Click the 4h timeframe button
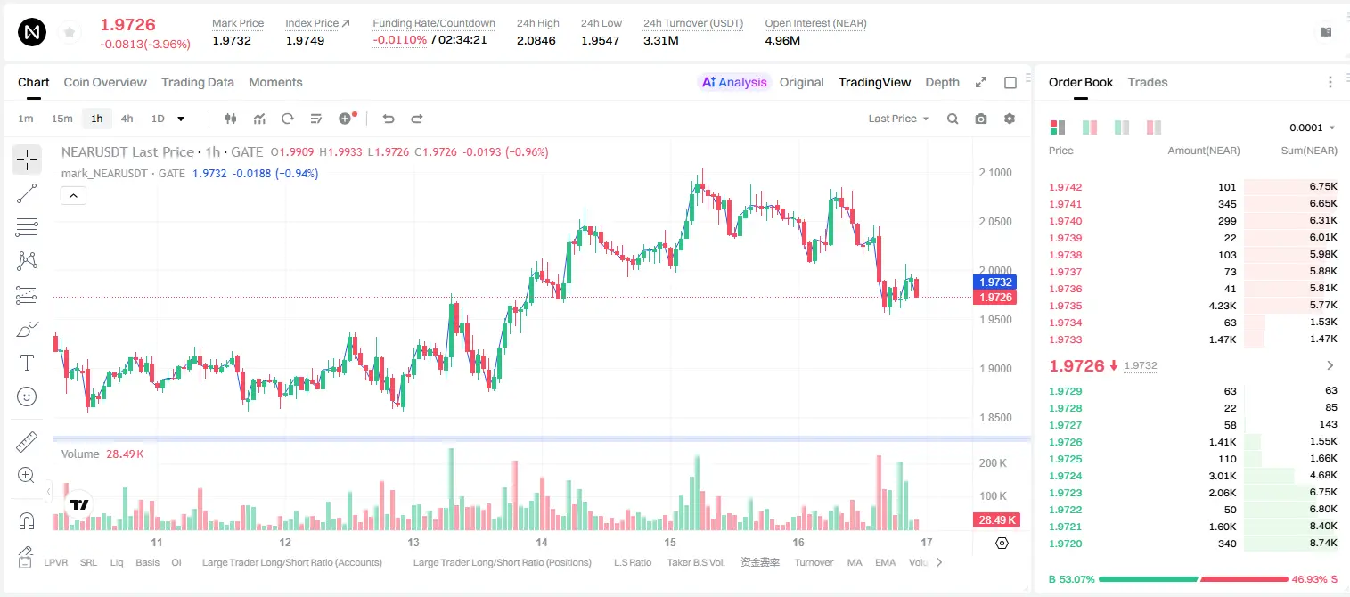pyautogui.click(x=127, y=119)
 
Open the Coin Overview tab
pyautogui.click(x=105, y=82)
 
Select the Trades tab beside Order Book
pyautogui.click(x=1147, y=82)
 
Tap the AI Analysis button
pyautogui.click(x=734, y=82)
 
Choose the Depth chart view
pyautogui.click(x=942, y=82)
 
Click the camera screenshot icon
pyautogui.click(x=980, y=119)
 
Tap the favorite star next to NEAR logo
pyautogui.click(x=70, y=32)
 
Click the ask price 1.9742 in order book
pyautogui.click(x=1065, y=187)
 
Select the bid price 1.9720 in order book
pyautogui.click(x=1065, y=544)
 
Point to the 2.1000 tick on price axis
pyautogui.click(x=995, y=173)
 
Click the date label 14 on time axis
pyautogui.click(x=541, y=542)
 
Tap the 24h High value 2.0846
pyautogui.click(x=536, y=40)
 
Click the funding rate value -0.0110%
pyautogui.click(x=399, y=40)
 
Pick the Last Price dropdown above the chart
pyautogui.click(x=898, y=119)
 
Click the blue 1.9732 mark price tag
pyautogui.click(x=995, y=282)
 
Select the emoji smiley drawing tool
pyautogui.click(x=27, y=397)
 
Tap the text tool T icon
pyautogui.click(x=27, y=363)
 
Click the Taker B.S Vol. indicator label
pyautogui.click(x=695, y=562)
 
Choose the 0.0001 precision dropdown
pyautogui.click(x=1312, y=127)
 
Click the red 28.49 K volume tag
pyautogui.click(x=996, y=519)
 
